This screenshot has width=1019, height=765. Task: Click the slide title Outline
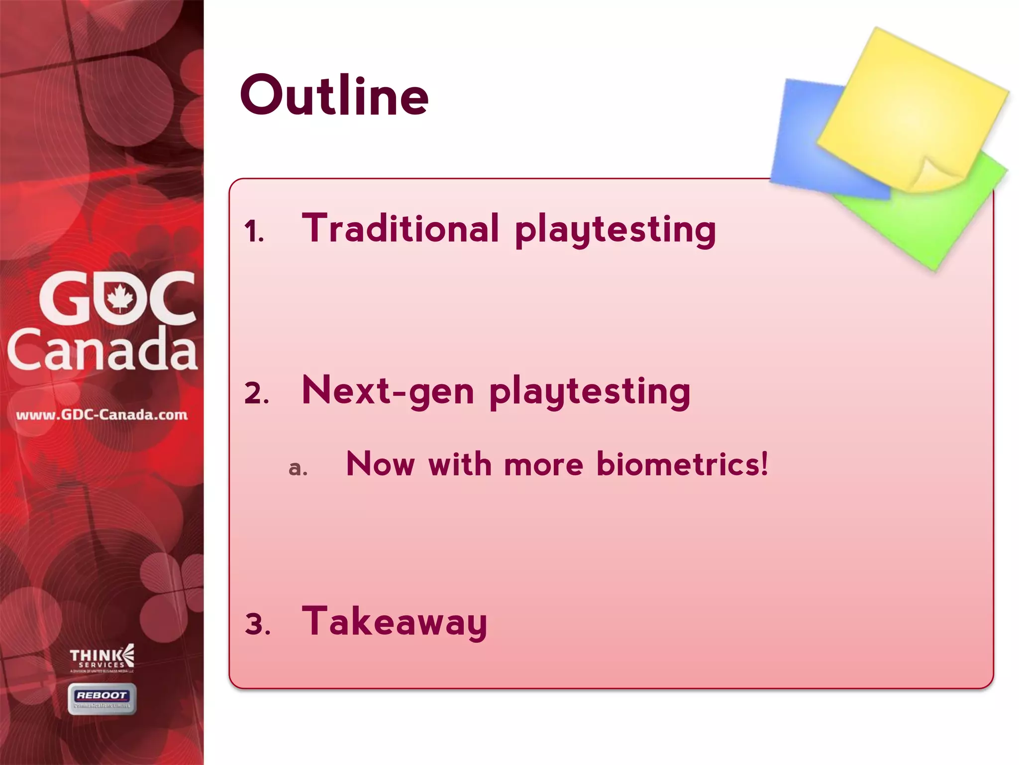(334, 96)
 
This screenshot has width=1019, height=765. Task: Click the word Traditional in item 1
(400, 229)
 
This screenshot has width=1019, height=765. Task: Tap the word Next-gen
(388, 391)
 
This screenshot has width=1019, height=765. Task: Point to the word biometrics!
(682, 464)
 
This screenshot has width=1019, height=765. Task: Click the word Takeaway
(394, 622)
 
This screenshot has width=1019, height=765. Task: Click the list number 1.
(254, 232)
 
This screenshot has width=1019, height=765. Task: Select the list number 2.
(256, 393)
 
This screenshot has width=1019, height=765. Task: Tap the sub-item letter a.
(298, 468)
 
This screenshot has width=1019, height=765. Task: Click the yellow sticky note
(911, 105)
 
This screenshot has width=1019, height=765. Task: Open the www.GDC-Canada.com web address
(102, 415)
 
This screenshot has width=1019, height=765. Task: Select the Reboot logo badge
(102, 699)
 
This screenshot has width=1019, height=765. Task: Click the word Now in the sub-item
(380, 464)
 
